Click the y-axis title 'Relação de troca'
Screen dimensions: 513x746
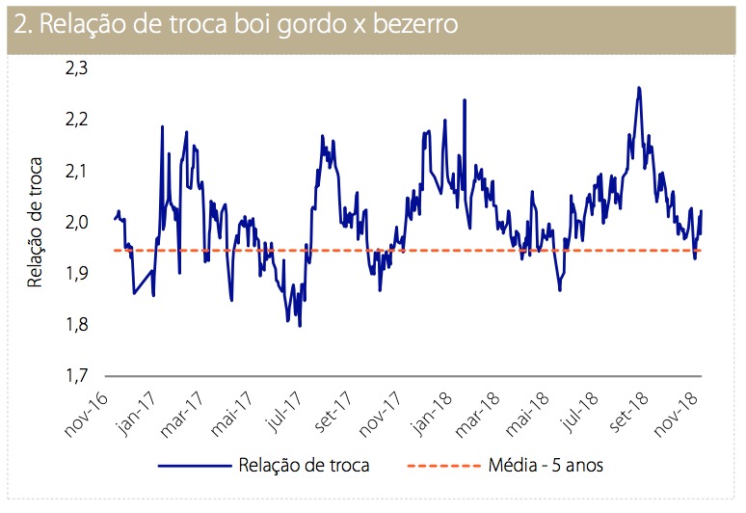pos(36,222)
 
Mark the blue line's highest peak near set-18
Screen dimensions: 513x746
pos(639,88)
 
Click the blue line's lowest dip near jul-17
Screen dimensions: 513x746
pos(300,326)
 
